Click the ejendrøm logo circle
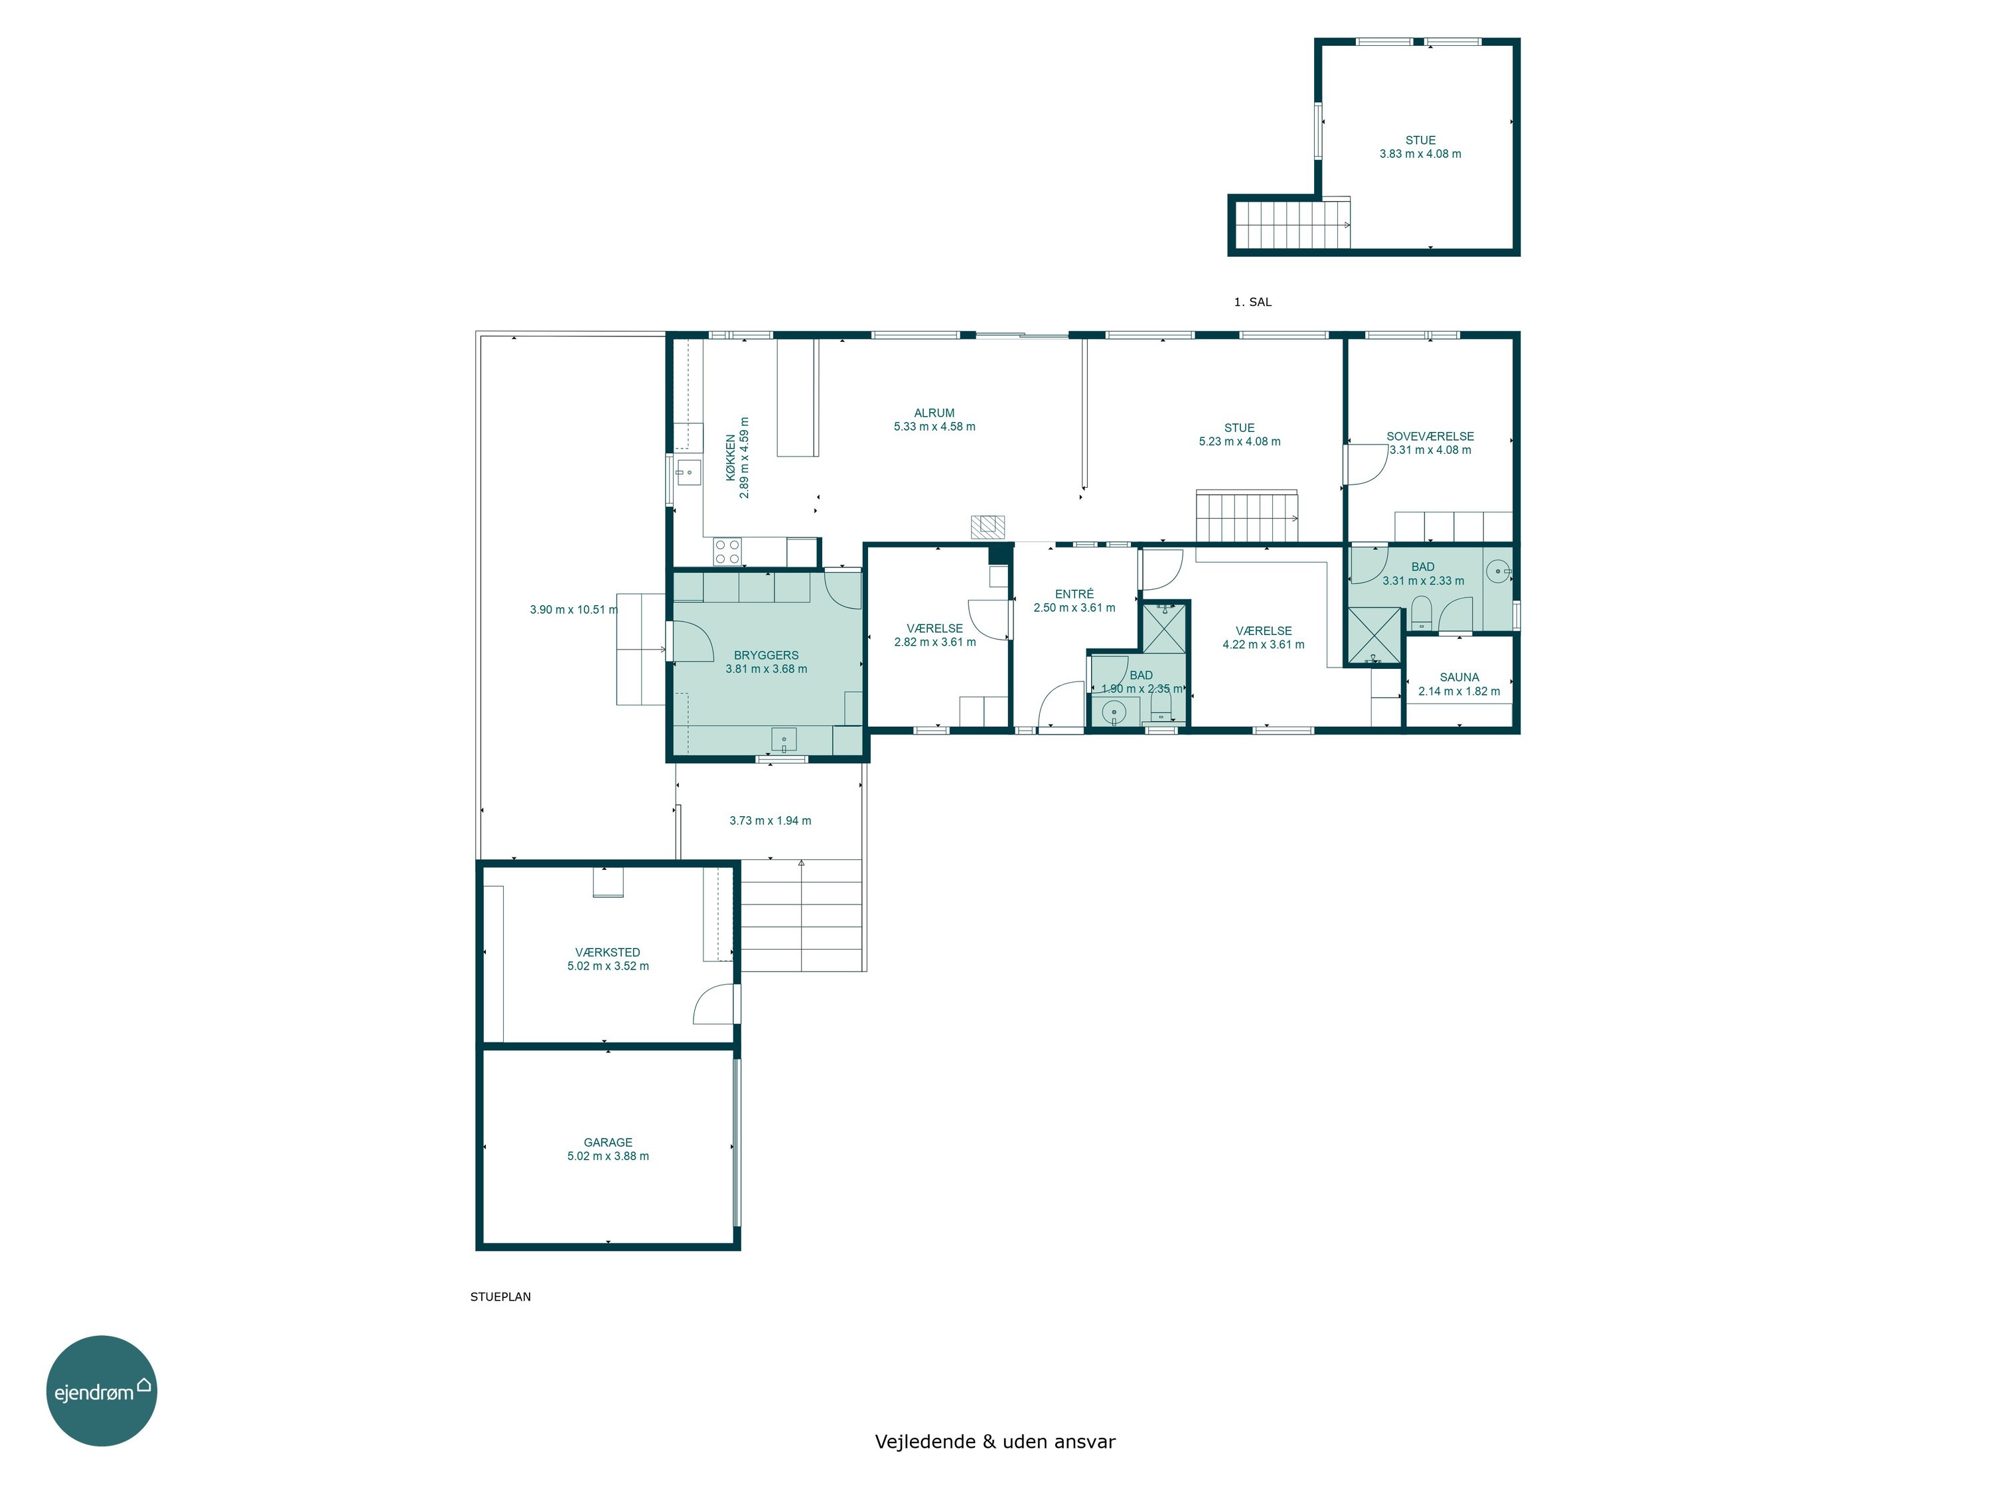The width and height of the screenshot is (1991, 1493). tap(102, 1390)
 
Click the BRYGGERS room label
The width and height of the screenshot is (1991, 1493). tap(766, 655)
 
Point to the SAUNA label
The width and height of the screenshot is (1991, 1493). tap(1459, 677)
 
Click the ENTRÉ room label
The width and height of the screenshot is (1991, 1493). tap(1074, 594)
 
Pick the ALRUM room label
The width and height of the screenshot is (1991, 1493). tap(934, 413)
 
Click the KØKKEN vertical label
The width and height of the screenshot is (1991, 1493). tap(731, 458)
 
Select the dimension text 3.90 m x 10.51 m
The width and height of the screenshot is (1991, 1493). tap(573, 609)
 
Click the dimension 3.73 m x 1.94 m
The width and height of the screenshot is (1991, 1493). tap(770, 821)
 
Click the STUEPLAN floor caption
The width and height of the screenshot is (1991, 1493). tap(500, 1297)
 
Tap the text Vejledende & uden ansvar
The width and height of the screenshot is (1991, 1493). tap(995, 1442)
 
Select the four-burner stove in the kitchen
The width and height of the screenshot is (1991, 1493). tap(727, 551)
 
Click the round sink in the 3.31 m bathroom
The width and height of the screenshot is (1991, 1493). tap(1498, 571)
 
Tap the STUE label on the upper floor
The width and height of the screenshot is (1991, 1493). tap(1420, 141)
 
